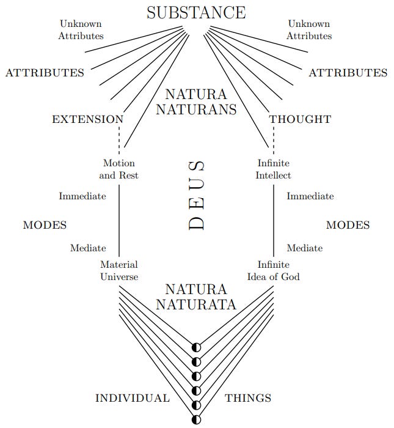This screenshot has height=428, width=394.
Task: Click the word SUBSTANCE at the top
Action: [196, 12]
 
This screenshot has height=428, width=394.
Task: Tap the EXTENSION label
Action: [87, 119]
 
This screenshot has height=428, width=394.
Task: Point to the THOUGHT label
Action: [300, 119]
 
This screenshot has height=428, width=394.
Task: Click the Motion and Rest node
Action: [119, 169]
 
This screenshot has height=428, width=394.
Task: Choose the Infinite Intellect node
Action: [274, 169]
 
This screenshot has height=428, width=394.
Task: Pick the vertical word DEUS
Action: [196, 195]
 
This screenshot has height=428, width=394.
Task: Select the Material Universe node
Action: [119, 271]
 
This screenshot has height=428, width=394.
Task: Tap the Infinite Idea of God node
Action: [274, 271]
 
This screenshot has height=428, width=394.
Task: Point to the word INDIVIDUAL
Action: [133, 398]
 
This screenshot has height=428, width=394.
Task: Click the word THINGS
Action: [248, 398]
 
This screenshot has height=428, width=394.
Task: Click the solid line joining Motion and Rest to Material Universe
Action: [119, 220]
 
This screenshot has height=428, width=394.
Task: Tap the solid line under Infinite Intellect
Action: [273, 220]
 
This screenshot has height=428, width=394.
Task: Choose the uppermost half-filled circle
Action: [196, 347]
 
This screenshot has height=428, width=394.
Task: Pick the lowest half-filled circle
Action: [196, 419]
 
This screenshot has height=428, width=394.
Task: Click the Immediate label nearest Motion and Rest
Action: [82, 196]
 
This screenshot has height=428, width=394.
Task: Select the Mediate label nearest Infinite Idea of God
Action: [305, 248]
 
